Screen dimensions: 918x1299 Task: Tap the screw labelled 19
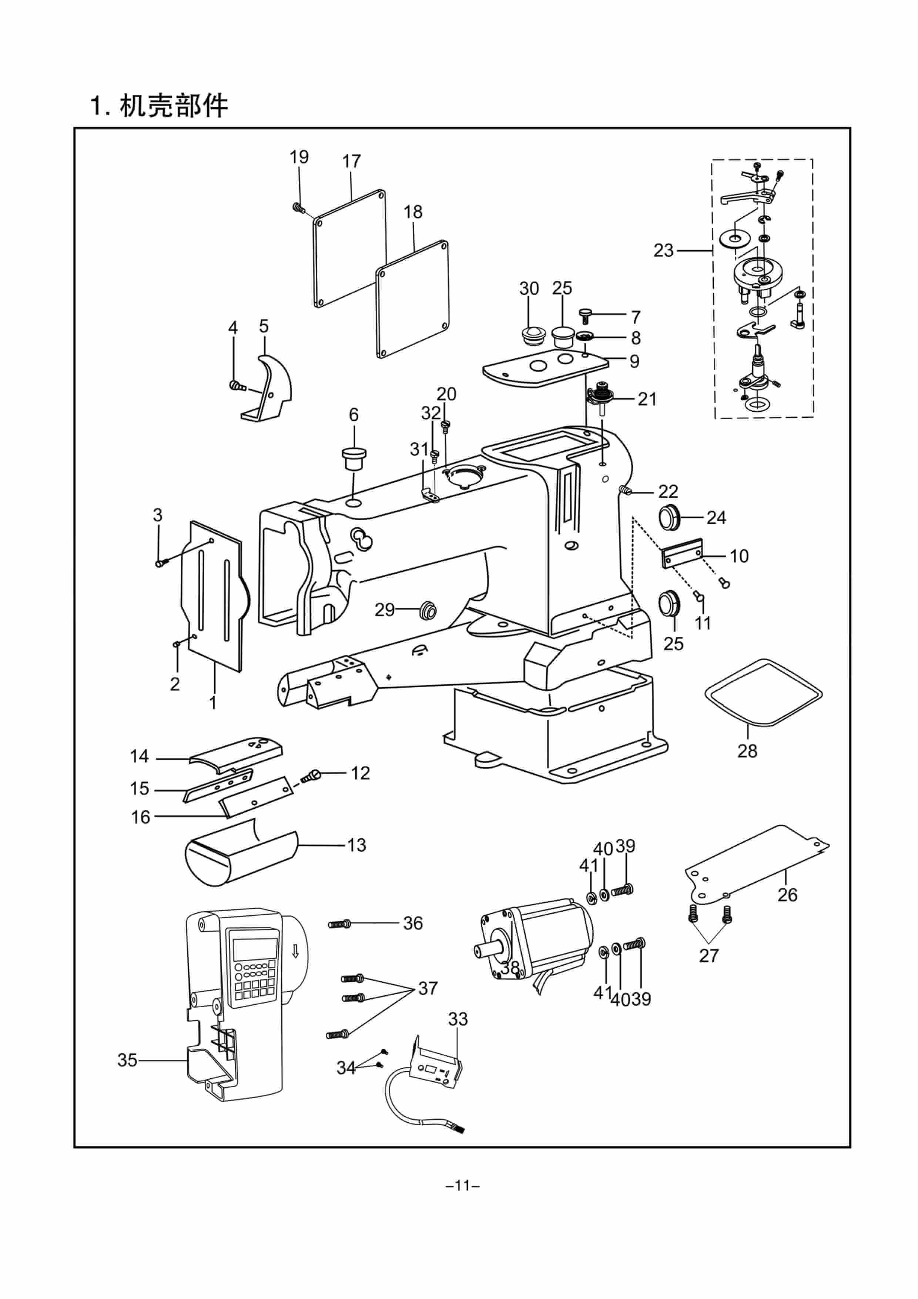[298, 208]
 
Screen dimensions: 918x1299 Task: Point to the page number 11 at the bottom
[463, 1185]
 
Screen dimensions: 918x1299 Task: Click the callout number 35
[127, 1060]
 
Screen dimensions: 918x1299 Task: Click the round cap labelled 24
[670, 517]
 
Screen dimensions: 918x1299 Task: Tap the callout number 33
[458, 1019]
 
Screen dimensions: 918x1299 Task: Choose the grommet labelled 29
[427, 611]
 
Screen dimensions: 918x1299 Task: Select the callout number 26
[787, 895]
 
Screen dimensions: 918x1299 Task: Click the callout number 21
[647, 399]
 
